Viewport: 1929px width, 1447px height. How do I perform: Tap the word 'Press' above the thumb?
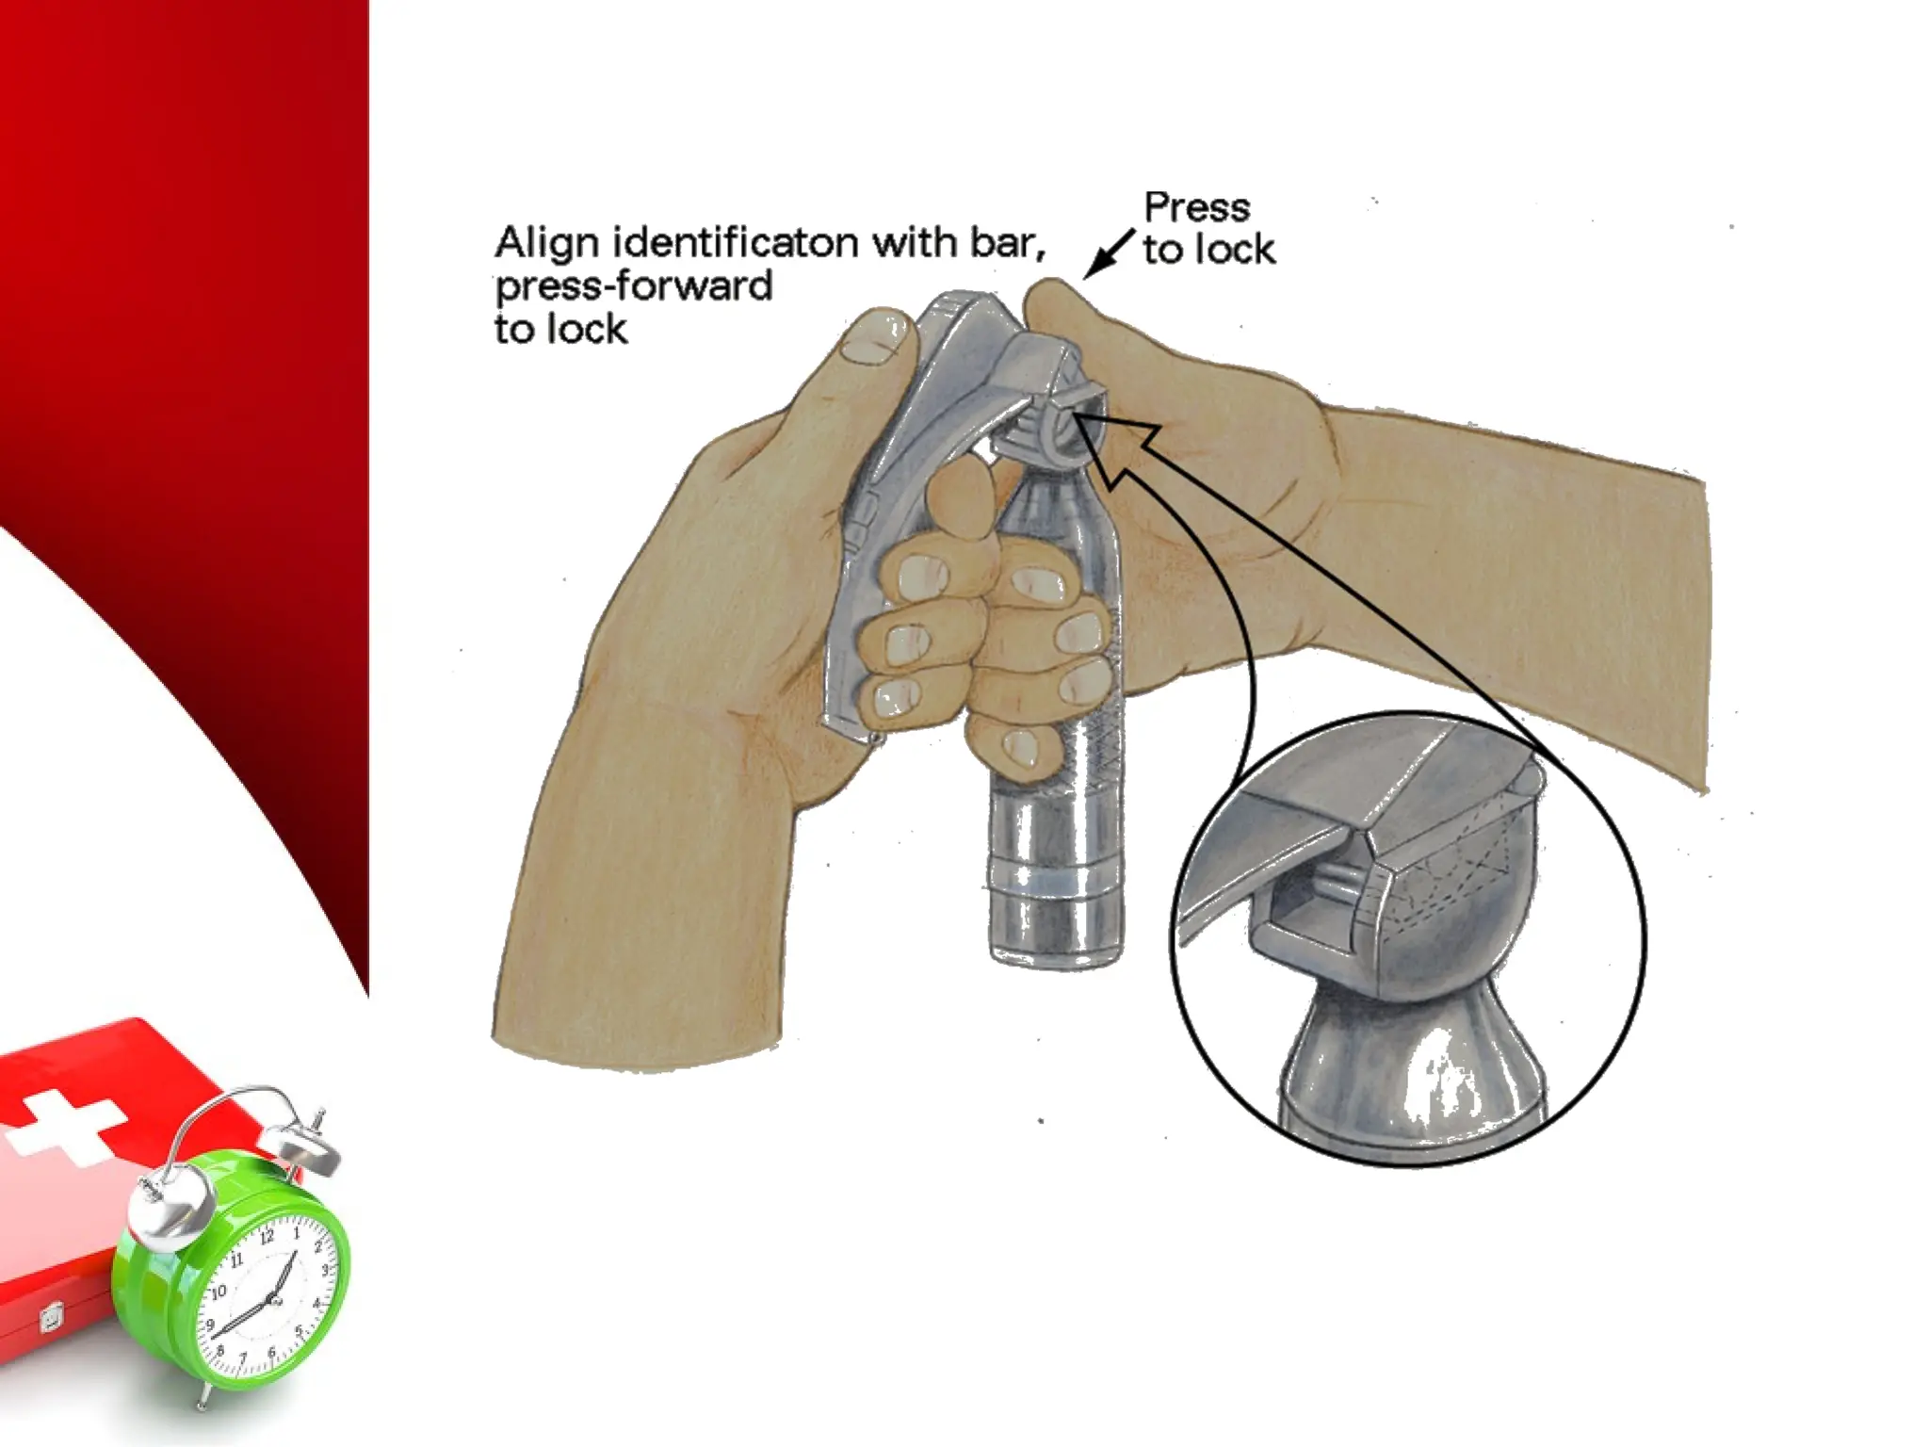click(1196, 207)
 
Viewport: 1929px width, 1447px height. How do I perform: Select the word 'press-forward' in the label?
click(633, 286)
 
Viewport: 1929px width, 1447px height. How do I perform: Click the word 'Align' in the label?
click(546, 243)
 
